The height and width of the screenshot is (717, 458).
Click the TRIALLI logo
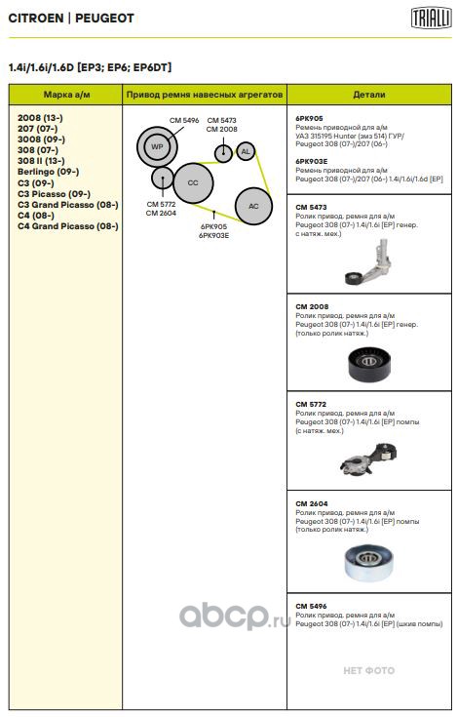pos(431,19)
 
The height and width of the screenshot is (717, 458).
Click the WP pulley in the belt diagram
pos(157,146)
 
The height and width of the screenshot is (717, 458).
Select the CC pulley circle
pos(193,183)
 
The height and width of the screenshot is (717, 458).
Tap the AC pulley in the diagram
pos(253,206)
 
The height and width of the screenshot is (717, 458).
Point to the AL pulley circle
pos(246,151)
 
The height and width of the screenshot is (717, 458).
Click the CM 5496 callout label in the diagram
pos(184,120)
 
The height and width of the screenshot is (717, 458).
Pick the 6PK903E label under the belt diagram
pos(213,235)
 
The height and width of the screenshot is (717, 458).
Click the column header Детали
pos(369,95)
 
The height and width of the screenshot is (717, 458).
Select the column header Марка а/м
pos(66,95)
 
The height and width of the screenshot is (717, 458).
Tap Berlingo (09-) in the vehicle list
pos(49,172)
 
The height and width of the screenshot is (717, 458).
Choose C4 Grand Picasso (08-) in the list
pos(68,226)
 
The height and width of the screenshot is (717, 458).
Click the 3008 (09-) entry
pos(42,139)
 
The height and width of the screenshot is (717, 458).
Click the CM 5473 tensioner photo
pos(369,262)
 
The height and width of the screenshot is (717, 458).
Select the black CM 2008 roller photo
pos(369,364)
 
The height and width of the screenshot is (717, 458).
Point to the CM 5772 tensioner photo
pos(369,459)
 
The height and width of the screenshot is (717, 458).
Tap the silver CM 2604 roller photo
pos(368,563)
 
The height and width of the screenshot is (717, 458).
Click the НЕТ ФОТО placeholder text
pos(369,671)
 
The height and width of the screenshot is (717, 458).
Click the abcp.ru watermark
pos(235,616)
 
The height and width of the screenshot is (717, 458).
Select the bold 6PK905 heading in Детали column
pos(309,118)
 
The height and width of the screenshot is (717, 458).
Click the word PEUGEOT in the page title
pos(104,19)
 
